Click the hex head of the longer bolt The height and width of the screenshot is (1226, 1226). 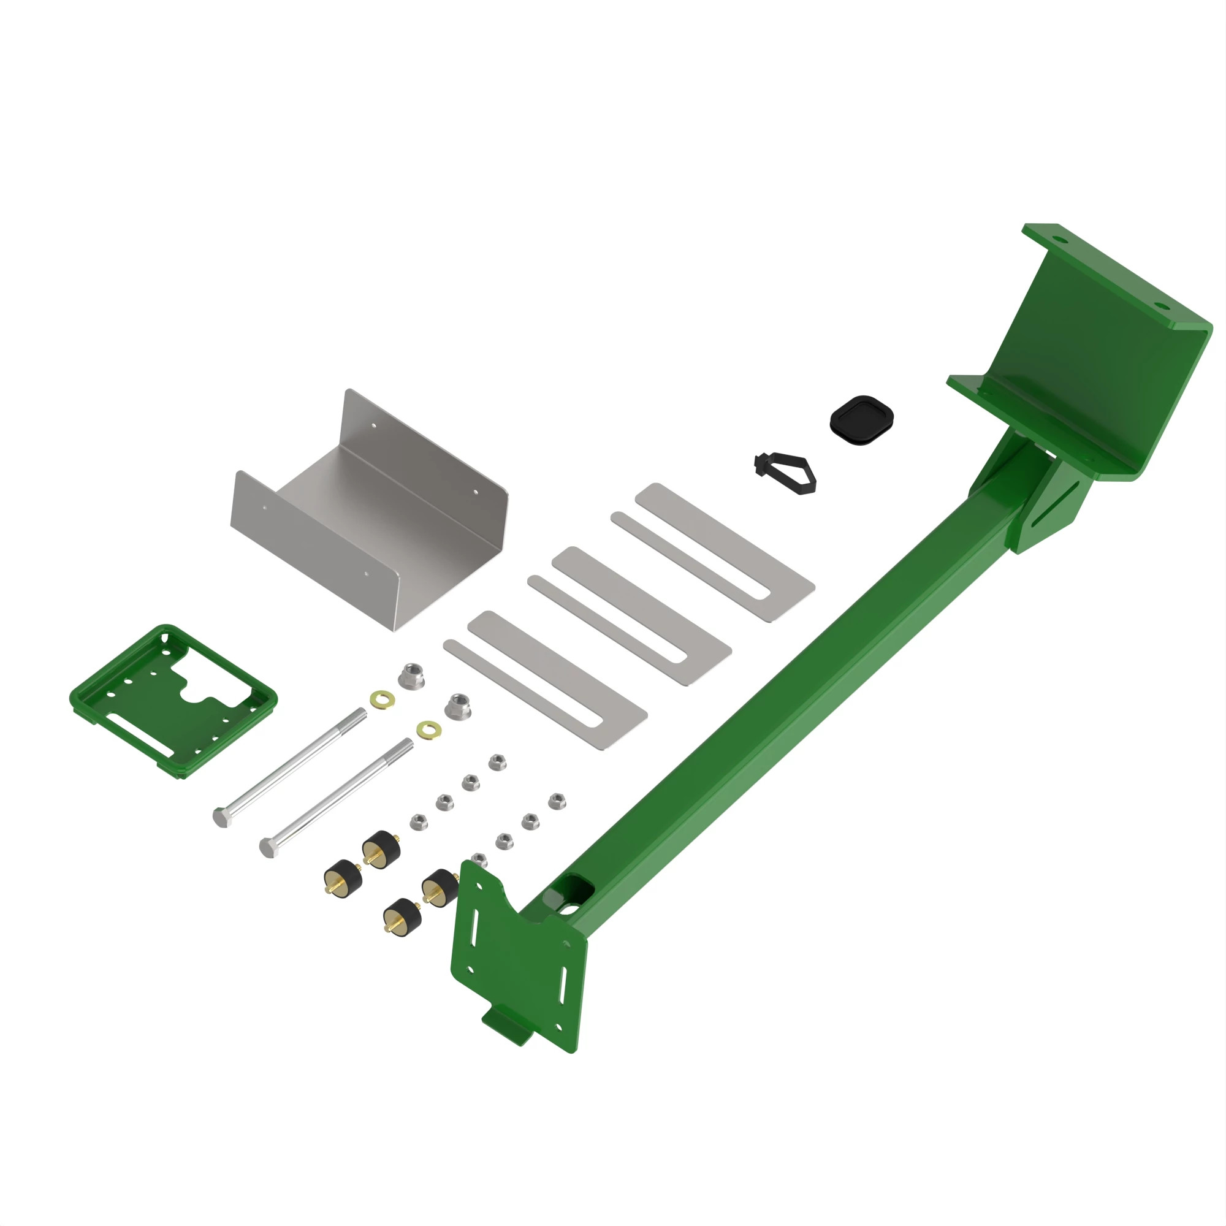tap(221, 818)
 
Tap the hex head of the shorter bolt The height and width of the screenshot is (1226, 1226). tap(268, 847)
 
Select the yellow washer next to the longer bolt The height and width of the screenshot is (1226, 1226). tap(382, 700)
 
